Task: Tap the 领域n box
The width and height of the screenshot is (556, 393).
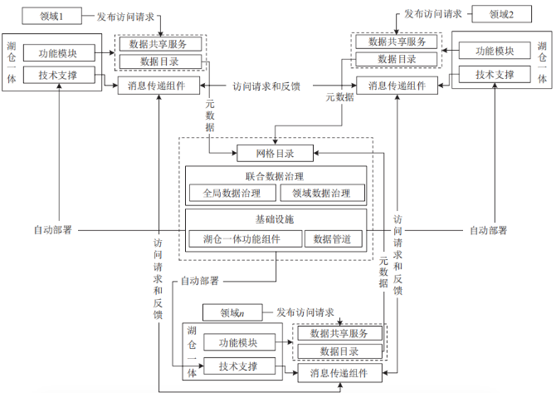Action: pyautogui.click(x=233, y=313)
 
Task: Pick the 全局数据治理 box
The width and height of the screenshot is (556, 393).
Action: pyautogui.click(x=232, y=194)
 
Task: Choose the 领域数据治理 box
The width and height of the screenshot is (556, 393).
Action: pyautogui.click(x=323, y=194)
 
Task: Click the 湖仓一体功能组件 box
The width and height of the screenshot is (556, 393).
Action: pyautogui.click(x=241, y=239)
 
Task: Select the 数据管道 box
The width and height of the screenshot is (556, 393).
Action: pyautogui.click(x=333, y=239)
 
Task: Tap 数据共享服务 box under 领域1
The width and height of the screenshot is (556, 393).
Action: pyautogui.click(x=159, y=43)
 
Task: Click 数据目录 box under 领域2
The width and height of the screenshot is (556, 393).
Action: pyautogui.click(x=396, y=59)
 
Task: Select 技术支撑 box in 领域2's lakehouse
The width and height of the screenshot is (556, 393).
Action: pyautogui.click(x=495, y=76)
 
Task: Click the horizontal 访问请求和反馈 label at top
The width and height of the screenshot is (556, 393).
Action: pyautogui.click(x=266, y=86)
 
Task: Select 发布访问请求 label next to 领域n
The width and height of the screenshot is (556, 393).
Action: pyautogui.click(x=305, y=312)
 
